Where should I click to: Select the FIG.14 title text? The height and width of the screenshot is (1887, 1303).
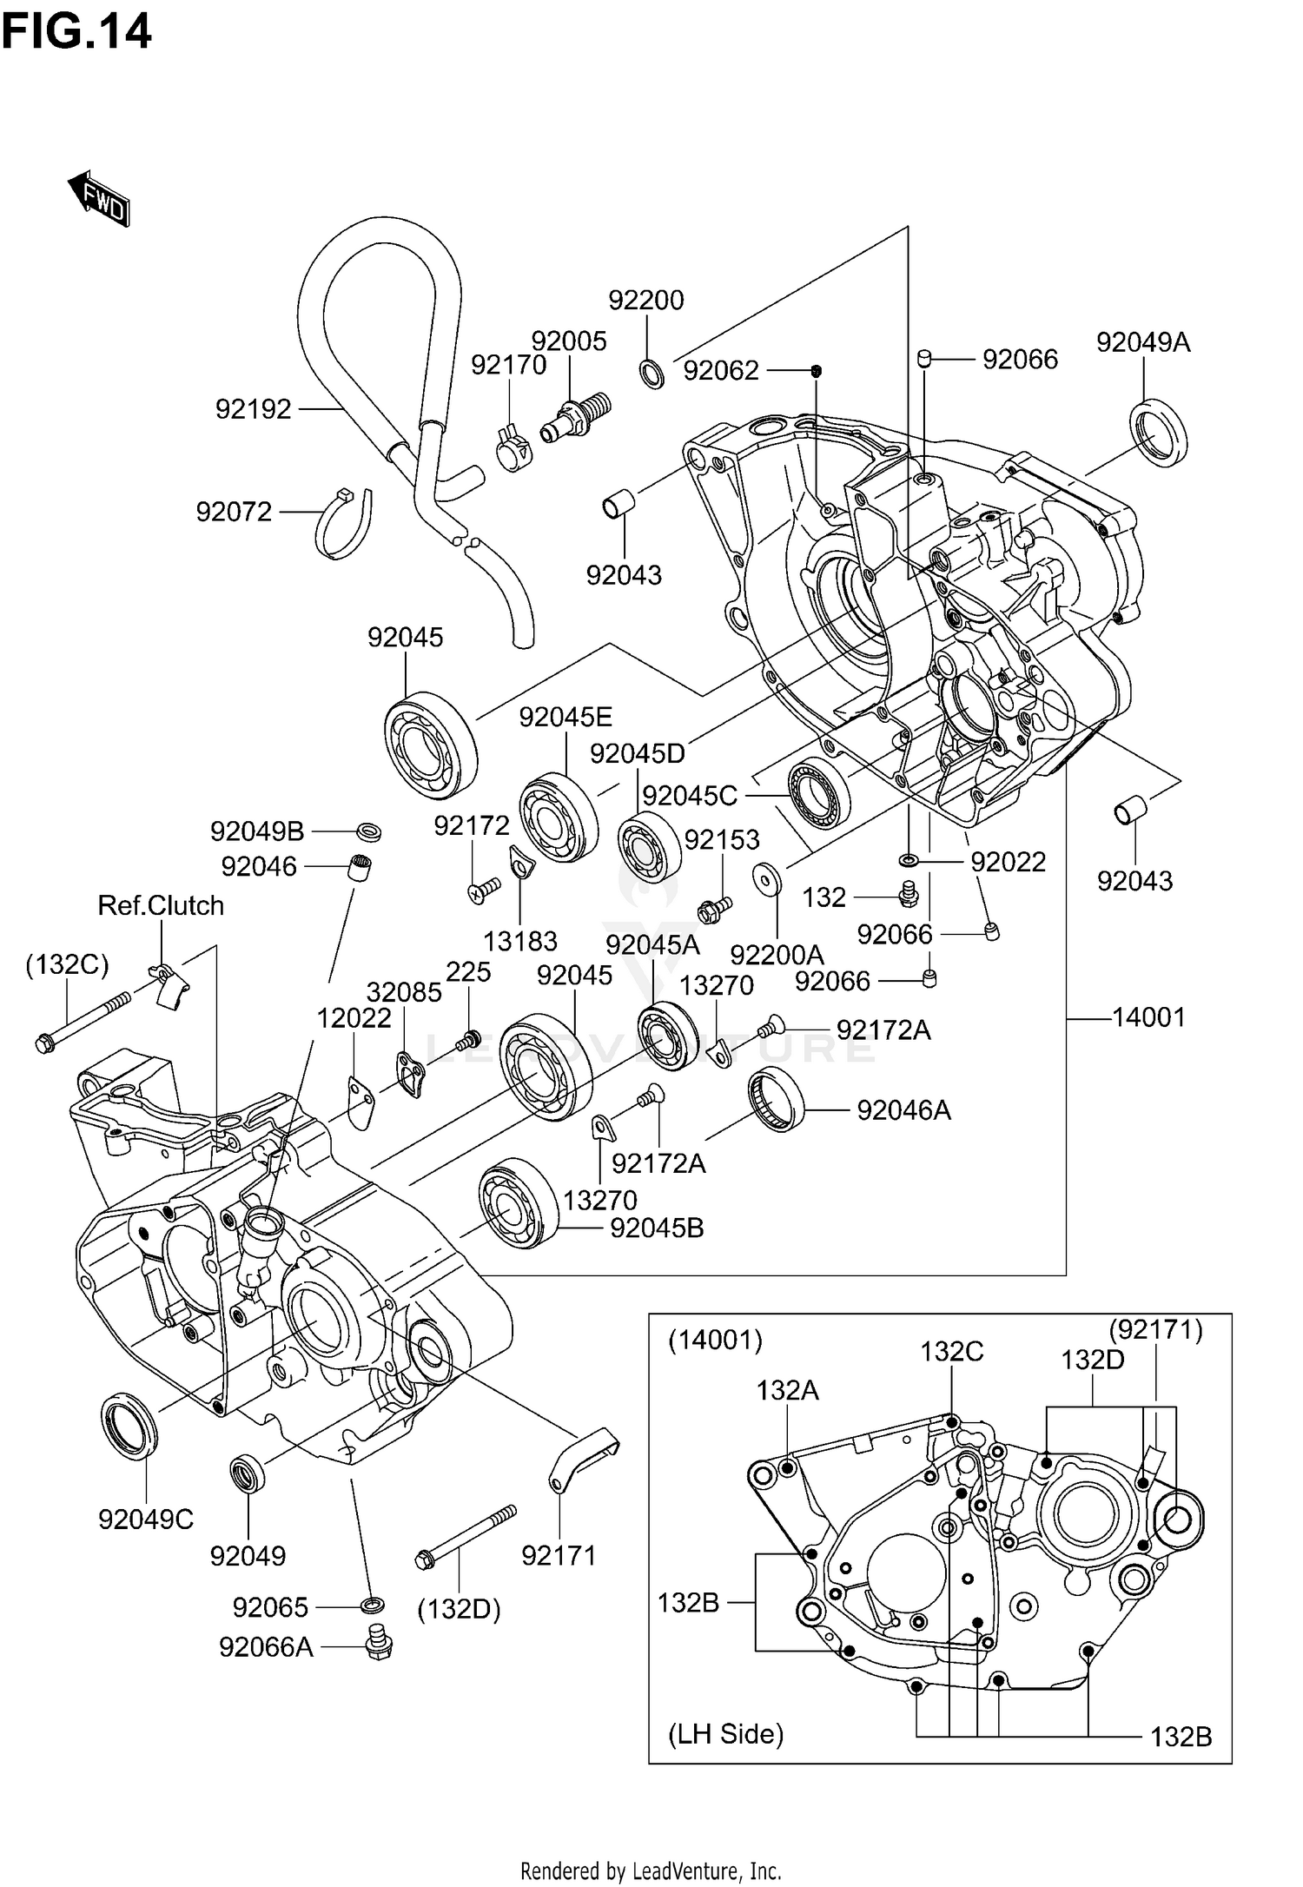pyautogui.click(x=76, y=32)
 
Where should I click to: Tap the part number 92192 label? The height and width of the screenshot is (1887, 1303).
pyautogui.click(x=253, y=409)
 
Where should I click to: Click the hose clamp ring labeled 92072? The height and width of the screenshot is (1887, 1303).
pyautogui.click(x=343, y=524)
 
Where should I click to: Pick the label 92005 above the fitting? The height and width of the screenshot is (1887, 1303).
pyautogui.click(x=569, y=341)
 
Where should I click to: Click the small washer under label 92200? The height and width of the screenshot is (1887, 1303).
pyautogui.click(x=652, y=374)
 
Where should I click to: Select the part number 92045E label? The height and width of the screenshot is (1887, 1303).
pyautogui.click(x=566, y=717)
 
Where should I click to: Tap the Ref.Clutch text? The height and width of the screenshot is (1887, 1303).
pyautogui.click(x=161, y=905)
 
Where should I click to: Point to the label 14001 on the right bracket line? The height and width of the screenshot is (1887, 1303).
pyautogui.click(x=1148, y=1016)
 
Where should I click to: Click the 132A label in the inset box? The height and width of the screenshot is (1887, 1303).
pyautogui.click(x=787, y=1390)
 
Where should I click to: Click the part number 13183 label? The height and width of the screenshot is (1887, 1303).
pyautogui.click(x=519, y=941)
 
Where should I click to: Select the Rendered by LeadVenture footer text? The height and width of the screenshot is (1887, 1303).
pyautogui.click(x=651, y=1870)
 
